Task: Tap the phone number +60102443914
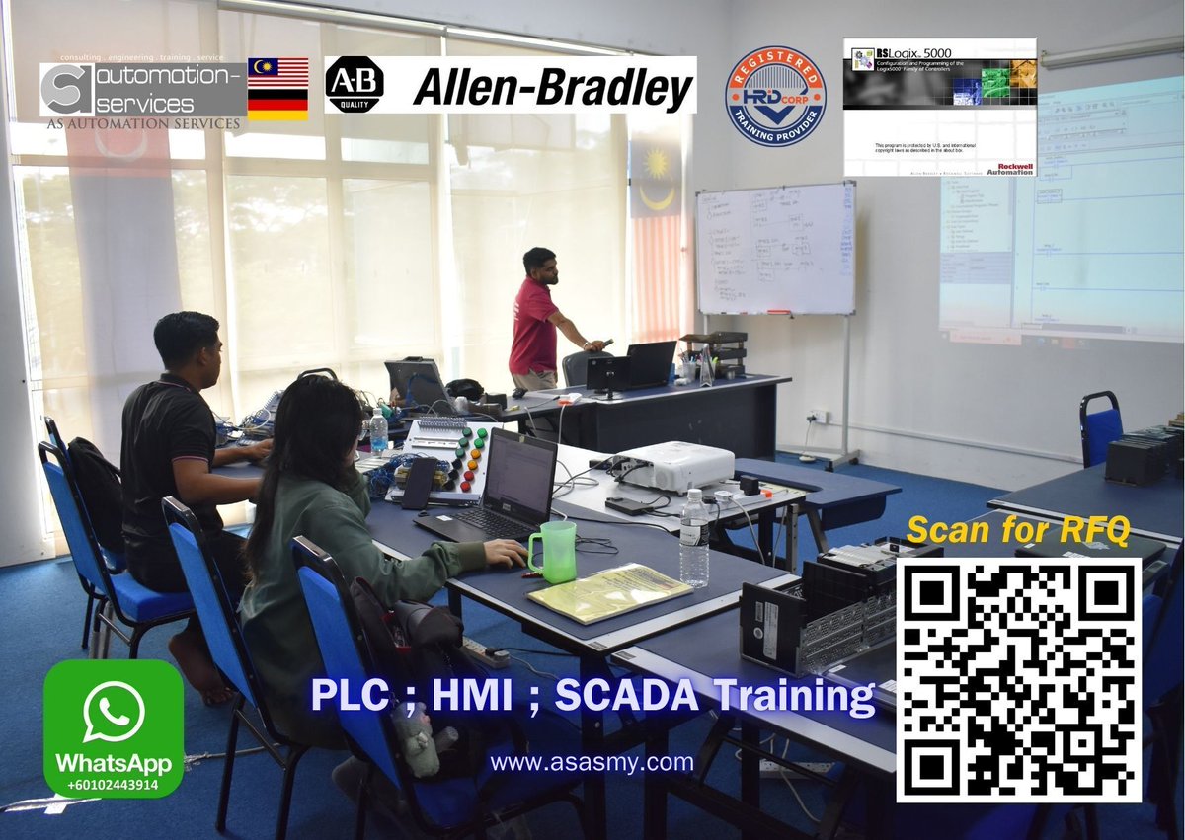pos(113,785)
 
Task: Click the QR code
pos(1018,680)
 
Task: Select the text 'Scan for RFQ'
pos(1017,530)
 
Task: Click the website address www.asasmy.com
pos(592,762)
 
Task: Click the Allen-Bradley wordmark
pos(553,88)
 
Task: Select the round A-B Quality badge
pos(354,85)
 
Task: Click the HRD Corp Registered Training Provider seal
pos(775,96)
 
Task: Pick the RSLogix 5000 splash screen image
pos(939,107)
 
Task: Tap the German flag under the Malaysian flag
pos(276,105)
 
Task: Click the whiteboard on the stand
pos(775,248)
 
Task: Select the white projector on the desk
pos(676,466)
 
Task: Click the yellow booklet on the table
pos(609,591)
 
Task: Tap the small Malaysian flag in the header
pos(276,72)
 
